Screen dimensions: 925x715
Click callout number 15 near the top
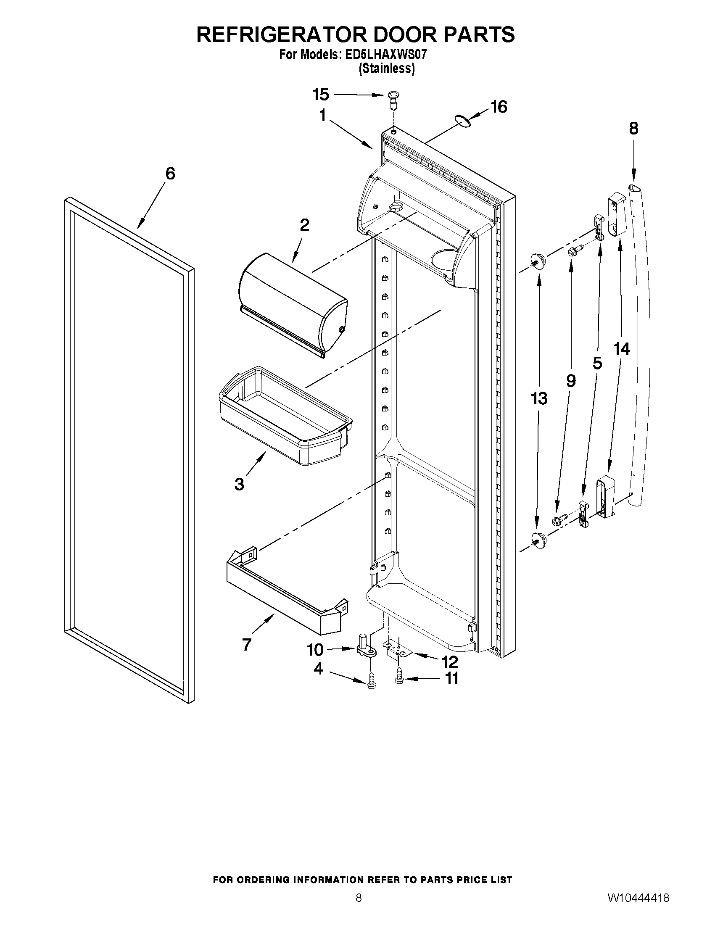pyautogui.click(x=321, y=95)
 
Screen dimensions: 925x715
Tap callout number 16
pyautogui.click(x=499, y=107)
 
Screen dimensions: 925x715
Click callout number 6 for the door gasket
pyautogui.click(x=170, y=174)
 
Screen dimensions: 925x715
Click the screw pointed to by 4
pyautogui.click(x=372, y=682)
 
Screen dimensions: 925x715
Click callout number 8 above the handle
pyautogui.click(x=633, y=128)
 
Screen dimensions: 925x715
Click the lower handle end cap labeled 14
pyautogui.click(x=606, y=496)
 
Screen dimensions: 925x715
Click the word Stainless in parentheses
pyautogui.click(x=386, y=69)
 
